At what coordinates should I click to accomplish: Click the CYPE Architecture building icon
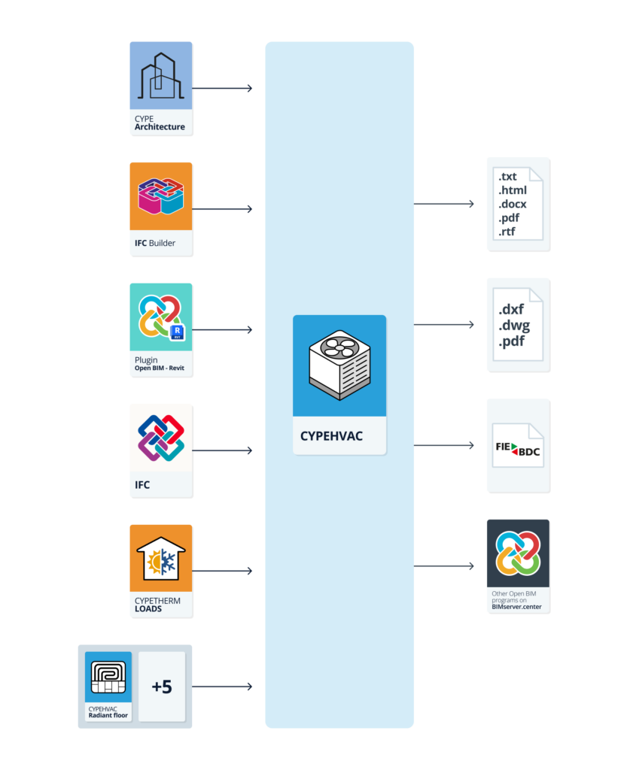[160, 76]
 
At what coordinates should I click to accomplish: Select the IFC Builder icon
[160, 196]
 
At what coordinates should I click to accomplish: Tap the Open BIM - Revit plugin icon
[160, 317]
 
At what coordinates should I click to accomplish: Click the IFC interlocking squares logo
[160, 438]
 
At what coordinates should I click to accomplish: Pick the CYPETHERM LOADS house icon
[160, 558]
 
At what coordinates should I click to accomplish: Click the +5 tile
[162, 687]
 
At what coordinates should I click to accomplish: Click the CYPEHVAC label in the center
[331, 436]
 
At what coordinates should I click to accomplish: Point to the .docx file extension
[513, 205]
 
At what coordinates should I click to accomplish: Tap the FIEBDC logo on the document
[518, 449]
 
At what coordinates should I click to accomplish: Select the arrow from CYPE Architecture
[222, 89]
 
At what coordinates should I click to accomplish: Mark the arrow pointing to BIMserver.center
[444, 565]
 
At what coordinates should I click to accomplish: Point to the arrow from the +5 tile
[222, 687]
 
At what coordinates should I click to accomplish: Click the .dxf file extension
[511, 309]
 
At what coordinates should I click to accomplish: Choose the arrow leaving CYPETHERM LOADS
[222, 571]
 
